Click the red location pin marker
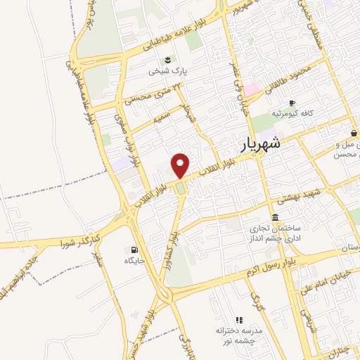point(181,165)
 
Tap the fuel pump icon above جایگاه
point(134,250)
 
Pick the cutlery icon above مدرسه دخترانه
point(238,319)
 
